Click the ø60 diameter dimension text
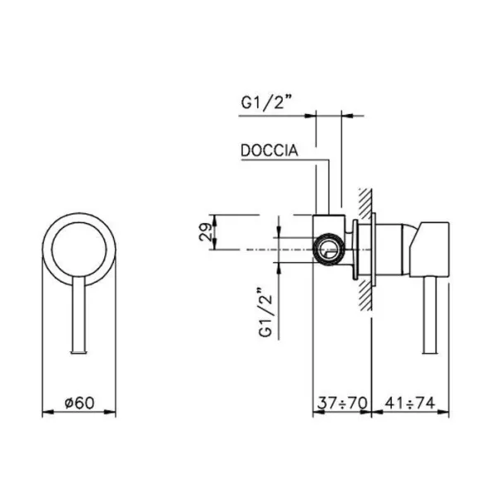79,403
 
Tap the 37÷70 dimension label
342,403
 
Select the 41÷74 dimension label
410,403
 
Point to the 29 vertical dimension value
205,232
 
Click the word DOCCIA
269,150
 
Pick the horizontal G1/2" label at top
266,103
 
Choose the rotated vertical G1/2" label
265,312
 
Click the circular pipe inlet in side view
328,250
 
